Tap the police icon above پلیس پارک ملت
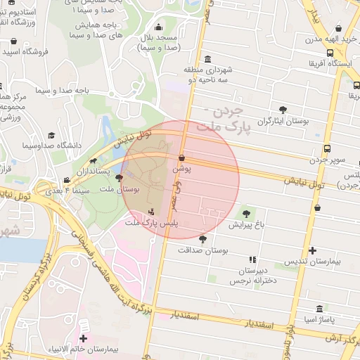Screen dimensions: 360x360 tap(152, 212)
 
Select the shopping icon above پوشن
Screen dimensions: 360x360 tap(182, 158)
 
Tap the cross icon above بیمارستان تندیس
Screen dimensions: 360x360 tap(312, 250)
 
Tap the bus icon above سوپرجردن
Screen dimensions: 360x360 tap(328, 148)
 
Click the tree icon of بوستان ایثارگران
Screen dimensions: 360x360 tap(283, 110)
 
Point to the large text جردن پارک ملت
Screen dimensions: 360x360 tap(224, 120)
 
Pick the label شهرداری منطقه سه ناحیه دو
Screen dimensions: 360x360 tap(209, 75)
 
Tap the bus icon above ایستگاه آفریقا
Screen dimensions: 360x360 tap(330, 53)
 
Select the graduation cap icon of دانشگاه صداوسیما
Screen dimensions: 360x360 tap(51, 135)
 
